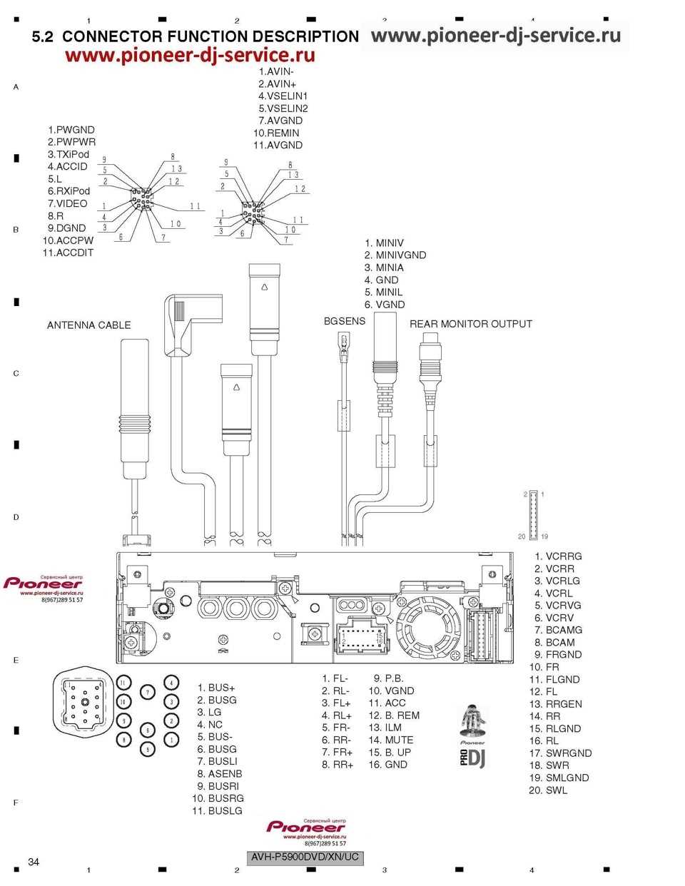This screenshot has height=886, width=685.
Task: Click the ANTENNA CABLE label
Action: [x=88, y=325]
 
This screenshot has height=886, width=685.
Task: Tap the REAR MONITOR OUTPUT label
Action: [x=470, y=324]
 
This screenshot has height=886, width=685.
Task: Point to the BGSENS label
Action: [x=344, y=321]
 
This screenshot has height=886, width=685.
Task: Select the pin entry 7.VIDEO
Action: [x=67, y=203]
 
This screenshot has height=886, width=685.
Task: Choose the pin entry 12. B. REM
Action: [x=394, y=716]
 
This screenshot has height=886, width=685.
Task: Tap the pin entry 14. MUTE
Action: [x=391, y=740]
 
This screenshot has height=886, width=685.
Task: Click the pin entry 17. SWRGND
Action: [x=560, y=753]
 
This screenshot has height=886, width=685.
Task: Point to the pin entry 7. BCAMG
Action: [x=558, y=630]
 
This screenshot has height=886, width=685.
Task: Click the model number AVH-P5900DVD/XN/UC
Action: [x=305, y=857]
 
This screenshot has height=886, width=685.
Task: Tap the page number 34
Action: [x=34, y=862]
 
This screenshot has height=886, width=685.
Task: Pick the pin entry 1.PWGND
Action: [x=71, y=130]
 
